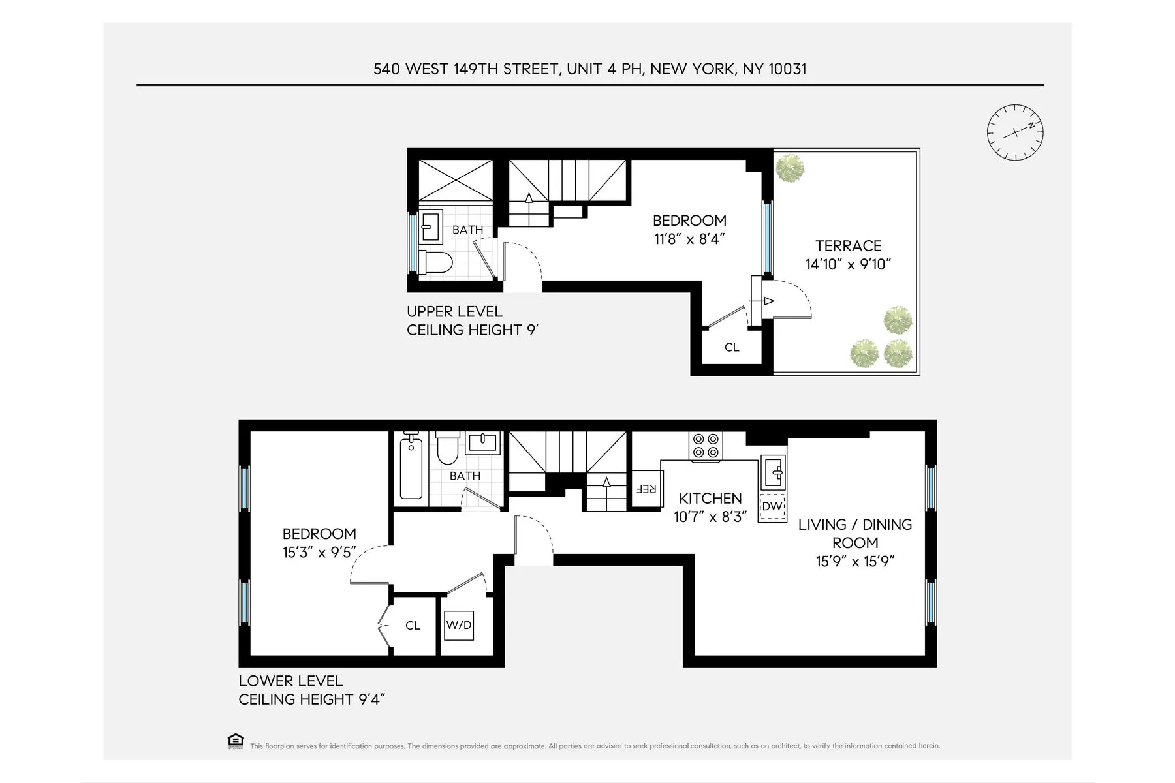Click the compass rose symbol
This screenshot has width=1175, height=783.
[x=1015, y=132]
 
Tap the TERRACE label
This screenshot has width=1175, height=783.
[x=848, y=246]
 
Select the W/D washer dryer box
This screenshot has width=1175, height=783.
[x=458, y=625]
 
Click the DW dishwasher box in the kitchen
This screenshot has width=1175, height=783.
[x=772, y=506]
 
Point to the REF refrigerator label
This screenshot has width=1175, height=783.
[x=646, y=489]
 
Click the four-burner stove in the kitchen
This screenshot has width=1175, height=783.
[x=706, y=446]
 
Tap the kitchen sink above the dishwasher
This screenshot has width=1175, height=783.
[x=774, y=472]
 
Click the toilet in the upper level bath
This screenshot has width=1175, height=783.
[x=436, y=262]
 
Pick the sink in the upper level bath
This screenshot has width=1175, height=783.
[x=430, y=226]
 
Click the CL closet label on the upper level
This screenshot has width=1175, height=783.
[x=732, y=348]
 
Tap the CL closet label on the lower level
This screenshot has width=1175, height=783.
[x=413, y=626]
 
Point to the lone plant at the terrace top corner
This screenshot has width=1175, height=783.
[x=791, y=168]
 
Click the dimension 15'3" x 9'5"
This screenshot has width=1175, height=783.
[x=319, y=553]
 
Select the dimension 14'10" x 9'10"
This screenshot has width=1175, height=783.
[x=848, y=264]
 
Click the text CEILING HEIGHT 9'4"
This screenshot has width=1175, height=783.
[x=312, y=699]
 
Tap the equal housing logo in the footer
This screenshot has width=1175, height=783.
[x=235, y=741]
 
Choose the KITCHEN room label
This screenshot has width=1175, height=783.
[x=710, y=499]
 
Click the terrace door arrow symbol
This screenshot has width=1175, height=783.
[x=768, y=301]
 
